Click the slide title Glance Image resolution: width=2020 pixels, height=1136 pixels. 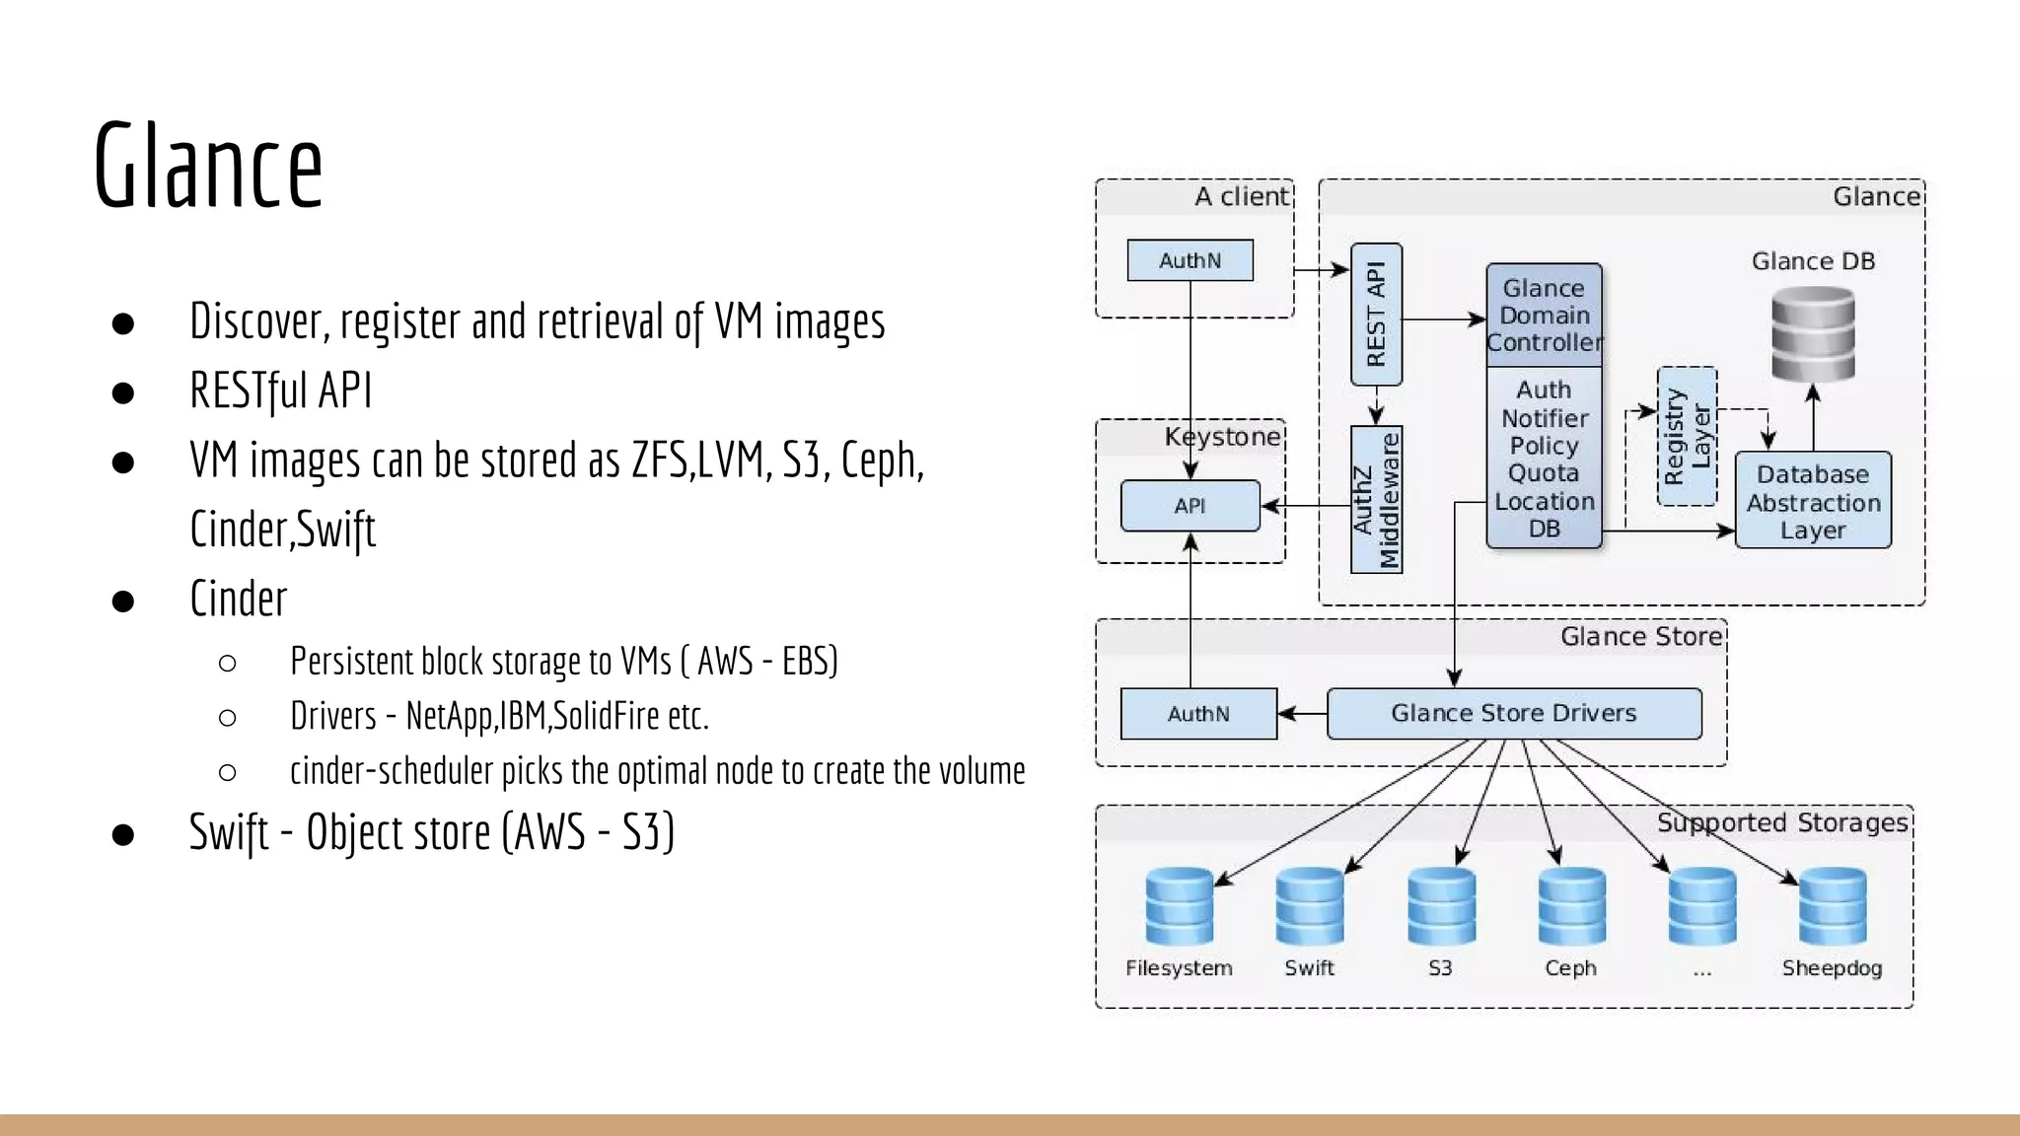208,166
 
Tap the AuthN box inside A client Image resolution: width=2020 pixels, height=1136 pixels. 1190,260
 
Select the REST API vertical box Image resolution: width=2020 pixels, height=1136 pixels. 1376,315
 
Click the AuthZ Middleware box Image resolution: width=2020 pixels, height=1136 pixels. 1376,499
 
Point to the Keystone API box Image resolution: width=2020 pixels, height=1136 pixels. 1190,506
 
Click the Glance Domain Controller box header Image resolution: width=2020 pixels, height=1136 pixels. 1544,315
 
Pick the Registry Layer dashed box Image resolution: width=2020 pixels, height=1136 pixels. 1687,436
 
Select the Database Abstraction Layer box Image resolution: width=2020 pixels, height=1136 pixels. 1813,501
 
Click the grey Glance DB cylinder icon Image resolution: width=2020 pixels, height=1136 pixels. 1813,333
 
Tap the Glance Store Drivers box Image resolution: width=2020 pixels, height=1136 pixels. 1513,713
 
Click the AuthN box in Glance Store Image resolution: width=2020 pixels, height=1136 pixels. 1198,714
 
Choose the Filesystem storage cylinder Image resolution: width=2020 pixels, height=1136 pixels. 1179,905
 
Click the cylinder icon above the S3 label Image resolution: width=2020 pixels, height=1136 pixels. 1441,905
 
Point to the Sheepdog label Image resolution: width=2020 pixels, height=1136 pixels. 1832,968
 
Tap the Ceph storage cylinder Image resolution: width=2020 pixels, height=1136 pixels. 1571,905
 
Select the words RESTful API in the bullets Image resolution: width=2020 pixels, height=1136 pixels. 281,390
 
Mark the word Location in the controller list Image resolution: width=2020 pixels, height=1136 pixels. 1544,501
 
